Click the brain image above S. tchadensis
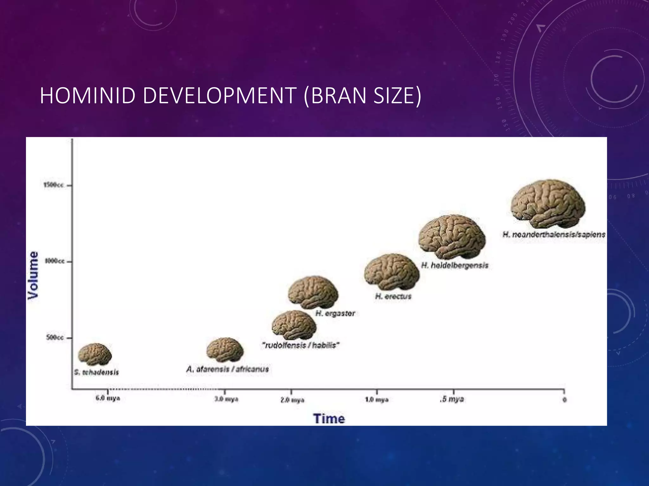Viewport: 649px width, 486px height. (95, 354)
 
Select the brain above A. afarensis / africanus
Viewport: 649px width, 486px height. (225, 350)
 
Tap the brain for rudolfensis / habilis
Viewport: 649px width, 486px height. (294, 325)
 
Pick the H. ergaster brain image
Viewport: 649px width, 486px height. (313, 292)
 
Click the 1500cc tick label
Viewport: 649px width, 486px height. (54, 185)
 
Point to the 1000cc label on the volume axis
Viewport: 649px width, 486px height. (55, 261)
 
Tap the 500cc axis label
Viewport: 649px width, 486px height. (55, 338)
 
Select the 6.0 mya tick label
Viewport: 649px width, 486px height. (108, 398)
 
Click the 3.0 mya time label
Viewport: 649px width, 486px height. (226, 399)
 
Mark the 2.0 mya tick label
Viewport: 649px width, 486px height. (292, 400)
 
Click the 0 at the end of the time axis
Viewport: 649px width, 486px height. (564, 400)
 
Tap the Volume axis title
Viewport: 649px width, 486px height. (33, 275)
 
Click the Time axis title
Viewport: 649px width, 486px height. (329, 419)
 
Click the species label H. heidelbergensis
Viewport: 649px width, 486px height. (455, 265)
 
